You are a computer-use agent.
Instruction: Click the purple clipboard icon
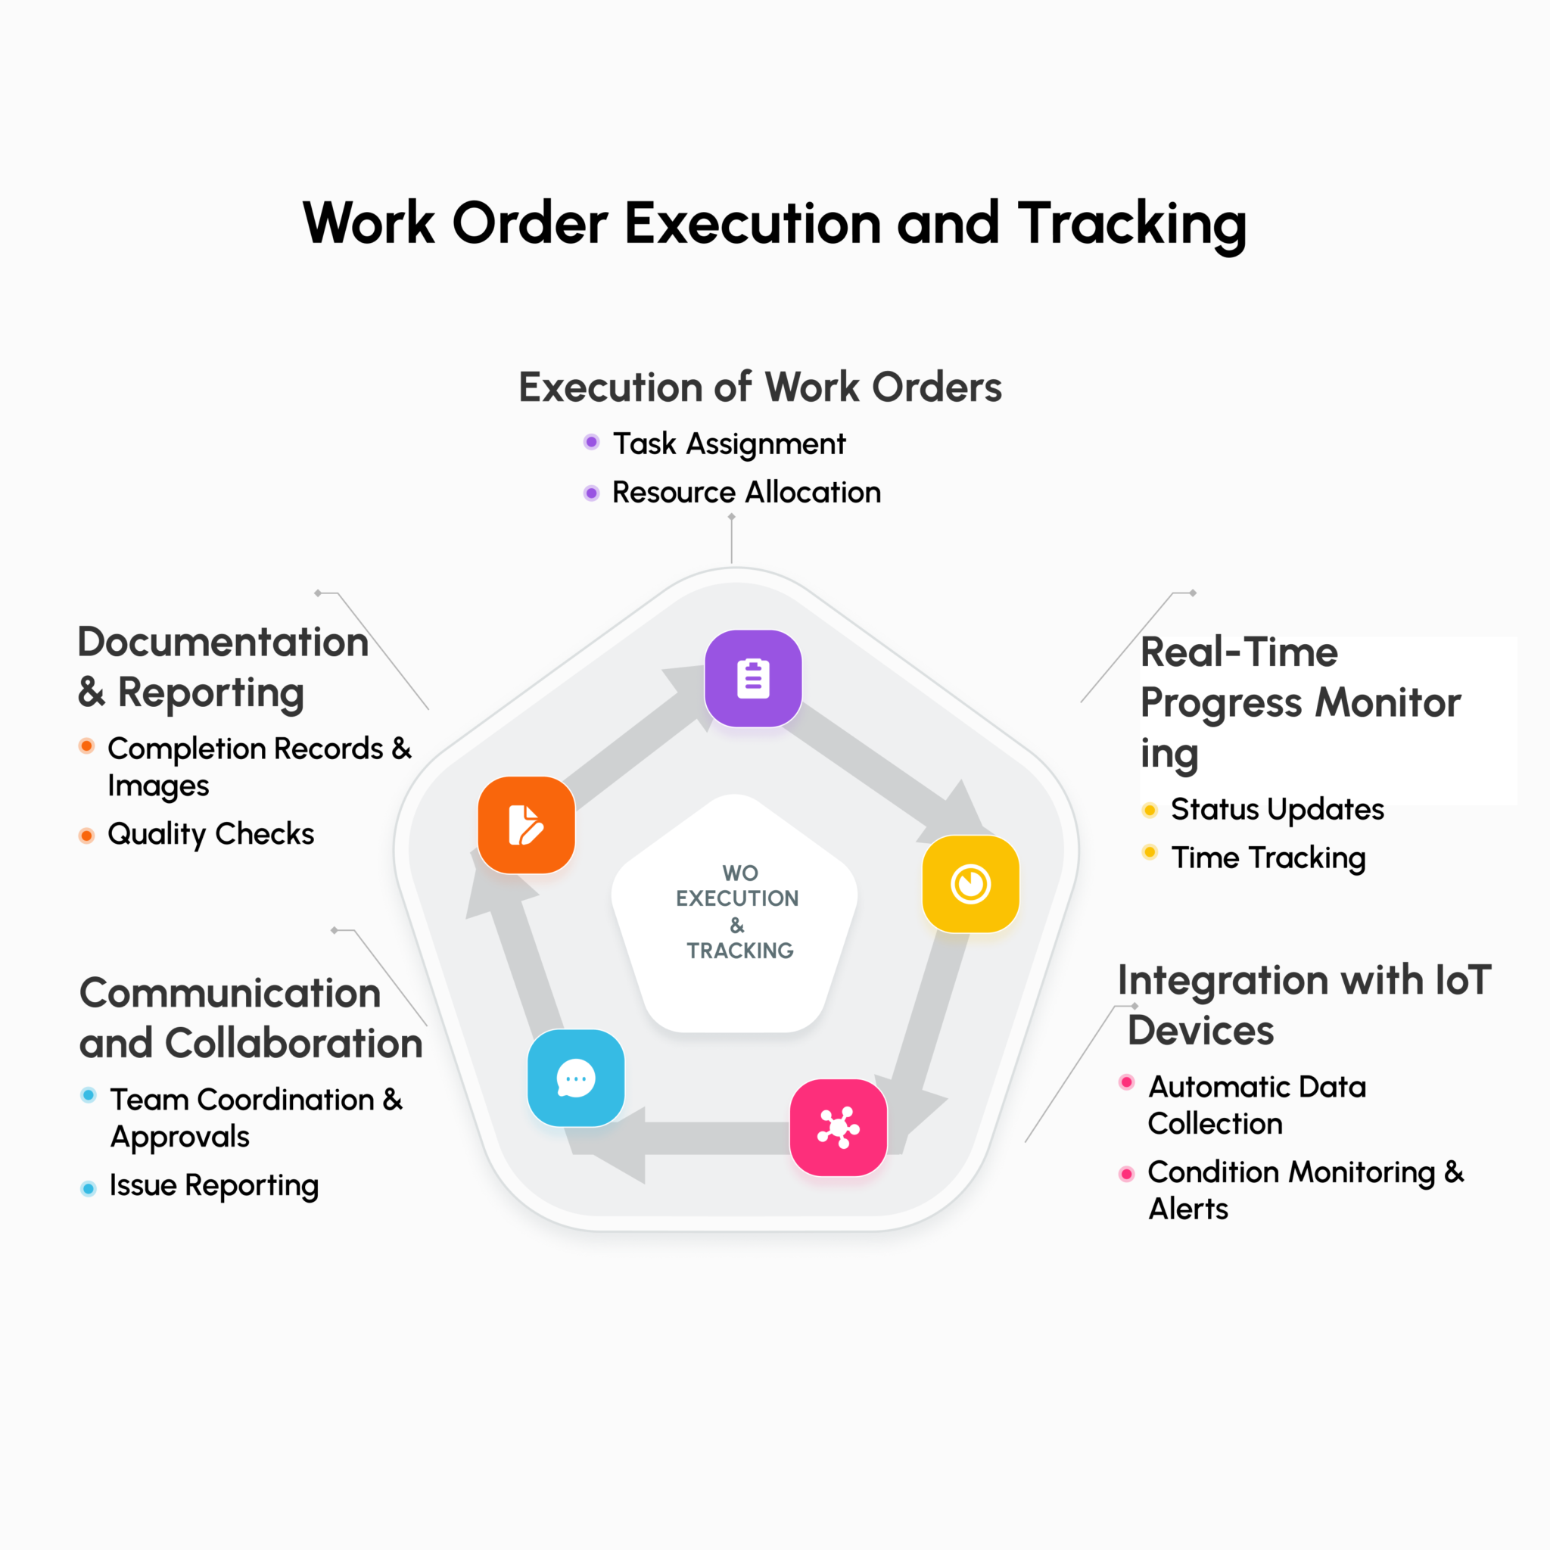pyautogui.click(x=752, y=679)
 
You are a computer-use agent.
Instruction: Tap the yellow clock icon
pyautogui.click(x=970, y=884)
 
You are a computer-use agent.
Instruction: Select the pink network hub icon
pyautogui.click(x=839, y=1127)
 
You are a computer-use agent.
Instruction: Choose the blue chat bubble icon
pyautogui.click(x=576, y=1078)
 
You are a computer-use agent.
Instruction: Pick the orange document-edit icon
pyautogui.click(x=526, y=825)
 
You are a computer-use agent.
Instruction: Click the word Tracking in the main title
pyautogui.click(x=1132, y=223)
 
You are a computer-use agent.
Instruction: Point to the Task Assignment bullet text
pyautogui.click(x=729, y=444)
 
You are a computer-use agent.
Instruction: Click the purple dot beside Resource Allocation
pyautogui.click(x=591, y=493)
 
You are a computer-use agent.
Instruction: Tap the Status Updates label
pyautogui.click(x=1278, y=809)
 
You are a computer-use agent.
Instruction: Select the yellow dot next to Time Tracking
pyautogui.click(x=1150, y=852)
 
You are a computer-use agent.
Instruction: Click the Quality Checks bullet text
pyautogui.click(x=211, y=834)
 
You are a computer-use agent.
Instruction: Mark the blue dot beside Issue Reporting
pyautogui.click(x=89, y=1188)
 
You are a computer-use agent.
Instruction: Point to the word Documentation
pyautogui.click(x=223, y=643)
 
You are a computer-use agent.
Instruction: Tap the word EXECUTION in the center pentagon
pyautogui.click(x=737, y=898)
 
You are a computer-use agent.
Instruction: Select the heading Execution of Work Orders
pyautogui.click(x=760, y=387)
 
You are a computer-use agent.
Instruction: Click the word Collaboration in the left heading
pyautogui.click(x=294, y=1044)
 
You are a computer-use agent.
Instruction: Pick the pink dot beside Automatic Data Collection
pyautogui.click(x=1126, y=1082)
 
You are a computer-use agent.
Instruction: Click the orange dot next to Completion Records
pyautogui.click(x=86, y=746)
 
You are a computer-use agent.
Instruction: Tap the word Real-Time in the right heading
pyautogui.click(x=1239, y=652)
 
